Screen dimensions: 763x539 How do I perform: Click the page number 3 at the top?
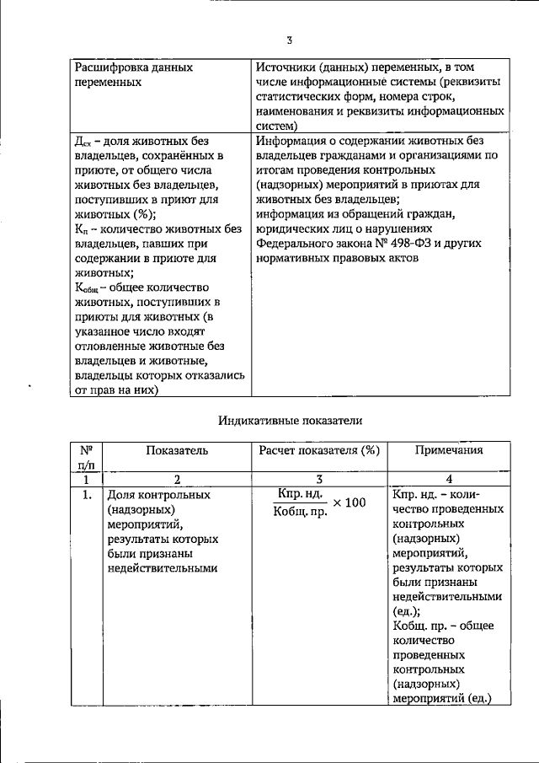point(289,40)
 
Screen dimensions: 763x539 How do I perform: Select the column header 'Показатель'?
point(176,451)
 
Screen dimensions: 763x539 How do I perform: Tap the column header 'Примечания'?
point(448,451)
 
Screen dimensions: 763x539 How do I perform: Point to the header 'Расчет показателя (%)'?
point(319,451)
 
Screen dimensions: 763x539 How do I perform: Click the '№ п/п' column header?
point(86,458)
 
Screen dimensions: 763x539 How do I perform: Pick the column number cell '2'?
point(176,479)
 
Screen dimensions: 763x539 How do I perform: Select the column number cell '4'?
point(448,479)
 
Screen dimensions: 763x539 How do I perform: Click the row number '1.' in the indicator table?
point(86,495)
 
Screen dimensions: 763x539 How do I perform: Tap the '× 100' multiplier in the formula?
point(350,502)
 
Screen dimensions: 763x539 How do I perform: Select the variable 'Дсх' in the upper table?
point(84,142)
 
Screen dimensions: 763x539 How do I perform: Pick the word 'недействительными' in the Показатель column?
point(162,568)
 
